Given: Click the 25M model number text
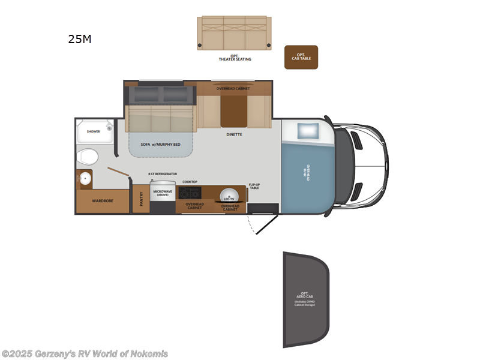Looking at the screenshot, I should click(x=80, y=40).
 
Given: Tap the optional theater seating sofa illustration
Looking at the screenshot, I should click(x=234, y=33).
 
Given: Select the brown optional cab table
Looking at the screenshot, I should click(x=301, y=57).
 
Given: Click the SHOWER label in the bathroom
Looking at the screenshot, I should click(x=93, y=131).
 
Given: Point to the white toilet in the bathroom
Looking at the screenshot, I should click(x=88, y=157).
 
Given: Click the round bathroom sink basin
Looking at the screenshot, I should click(x=85, y=179).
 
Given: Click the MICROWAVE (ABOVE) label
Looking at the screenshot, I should click(x=162, y=193).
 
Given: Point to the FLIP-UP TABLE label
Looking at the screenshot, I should click(x=254, y=186).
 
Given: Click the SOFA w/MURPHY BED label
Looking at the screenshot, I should click(x=160, y=145).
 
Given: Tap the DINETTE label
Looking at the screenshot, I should click(x=234, y=134).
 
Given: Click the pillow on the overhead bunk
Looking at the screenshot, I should click(x=307, y=130).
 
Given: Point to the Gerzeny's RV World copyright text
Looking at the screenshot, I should click(x=85, y=354).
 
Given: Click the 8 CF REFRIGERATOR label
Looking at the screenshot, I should click(x=163, y=174).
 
